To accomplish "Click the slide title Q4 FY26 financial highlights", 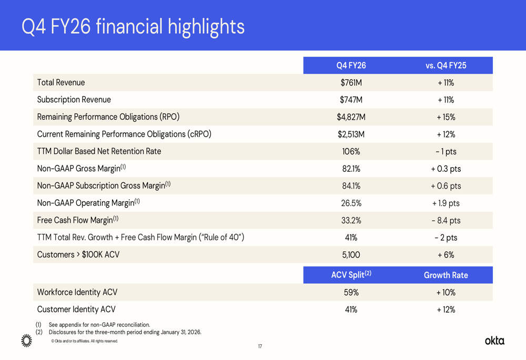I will [x=133, y=26].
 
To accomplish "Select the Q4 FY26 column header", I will [x=351, y=66].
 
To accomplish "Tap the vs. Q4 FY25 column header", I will [x=446, y=66].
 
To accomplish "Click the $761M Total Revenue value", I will [x=351, y=83].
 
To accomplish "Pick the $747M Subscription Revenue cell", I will [x=351, y=100].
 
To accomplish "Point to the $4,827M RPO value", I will [x=351, y=117].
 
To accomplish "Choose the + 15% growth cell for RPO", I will [x=446, y=117].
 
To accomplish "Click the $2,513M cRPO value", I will [x=351, y=135].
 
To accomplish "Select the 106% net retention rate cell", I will [x=351, y=151].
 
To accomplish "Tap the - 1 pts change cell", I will [x=446, y=151].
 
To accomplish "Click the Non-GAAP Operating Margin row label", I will [x=88, y=203].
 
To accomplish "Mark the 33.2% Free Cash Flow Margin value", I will [x=351, y=220].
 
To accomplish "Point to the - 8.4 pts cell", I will [x=446, y=220].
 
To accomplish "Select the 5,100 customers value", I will [x=351, y=255].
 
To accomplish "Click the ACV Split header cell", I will [x=351, y=275].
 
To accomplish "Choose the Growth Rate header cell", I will [x=446, y=275].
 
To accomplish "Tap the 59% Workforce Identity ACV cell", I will [x=351, y=292].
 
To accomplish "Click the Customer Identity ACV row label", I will [x=76, y=310].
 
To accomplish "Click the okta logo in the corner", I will [x=494, y=341].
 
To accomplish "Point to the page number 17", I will [x=260, y=346].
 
